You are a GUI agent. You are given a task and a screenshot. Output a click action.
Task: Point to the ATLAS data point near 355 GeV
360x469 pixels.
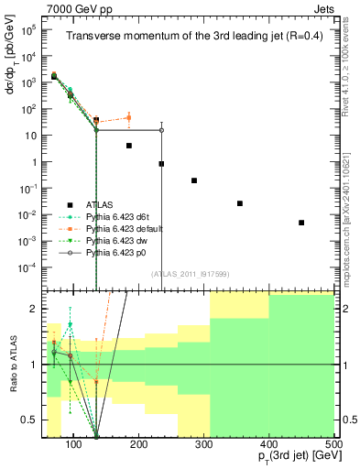click(x=240, y=203)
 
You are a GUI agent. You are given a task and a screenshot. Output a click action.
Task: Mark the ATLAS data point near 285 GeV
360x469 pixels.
click(x=194, y=180)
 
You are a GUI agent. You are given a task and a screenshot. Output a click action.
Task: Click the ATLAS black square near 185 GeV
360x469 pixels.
click(x=129, y=146)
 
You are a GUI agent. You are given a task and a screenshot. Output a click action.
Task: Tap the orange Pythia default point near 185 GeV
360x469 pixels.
click(x=129, y=117)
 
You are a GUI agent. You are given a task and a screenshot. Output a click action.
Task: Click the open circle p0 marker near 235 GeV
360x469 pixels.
click(x=161, y=130)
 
